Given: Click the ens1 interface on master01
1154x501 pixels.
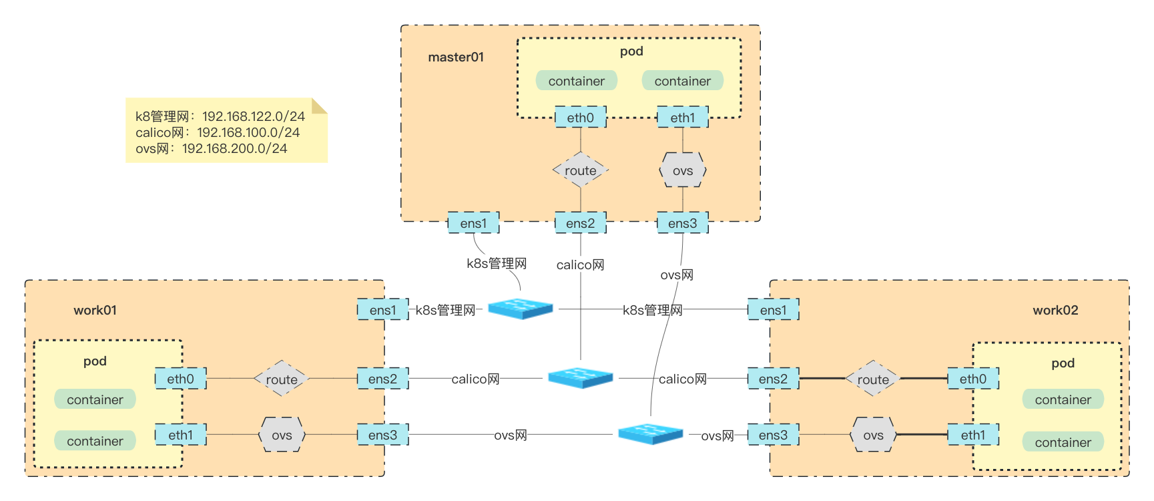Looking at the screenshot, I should pyautogui.click(x=473, y=223).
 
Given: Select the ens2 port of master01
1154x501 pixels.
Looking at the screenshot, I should pyautogui.click(x=580, y=223).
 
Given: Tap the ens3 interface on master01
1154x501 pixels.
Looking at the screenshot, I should pyautogui.click(x=682, y=223).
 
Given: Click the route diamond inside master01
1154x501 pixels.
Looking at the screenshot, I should pyautogui.click(x=580, y=170).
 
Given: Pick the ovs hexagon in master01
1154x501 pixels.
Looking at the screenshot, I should pyautogui.click(x=682, y=170).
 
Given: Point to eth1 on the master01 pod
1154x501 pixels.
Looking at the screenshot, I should pyautogui.click(x=682, y=118).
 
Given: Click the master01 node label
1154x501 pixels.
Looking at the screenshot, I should pyautogui.click(x=456, y=57).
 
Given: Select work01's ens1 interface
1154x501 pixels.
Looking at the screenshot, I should pyautogui.click(x=382, y=310).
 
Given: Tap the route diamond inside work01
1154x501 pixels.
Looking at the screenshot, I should pyautogui.click(x=281, y=379).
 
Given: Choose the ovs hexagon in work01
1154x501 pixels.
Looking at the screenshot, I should pyautogui.click(x=282, y=435).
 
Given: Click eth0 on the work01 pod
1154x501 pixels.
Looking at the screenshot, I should pyautogui.click(x=180, y=379).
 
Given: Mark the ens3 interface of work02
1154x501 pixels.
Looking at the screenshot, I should pyautogui.click(x=773, y=435).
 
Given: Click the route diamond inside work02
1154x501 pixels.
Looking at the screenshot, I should pyautogui.click(x=872, y=379).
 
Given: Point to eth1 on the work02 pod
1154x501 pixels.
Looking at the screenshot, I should pyautogui.click(x=972, y=435).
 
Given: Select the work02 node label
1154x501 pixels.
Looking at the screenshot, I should pyautogui.click(x=1055, y=310).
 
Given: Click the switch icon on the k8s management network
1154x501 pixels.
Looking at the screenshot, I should pyautogui.click(x=521, y=309).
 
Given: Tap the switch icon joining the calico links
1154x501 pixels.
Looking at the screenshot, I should pyautogui.click(x=580, y=377).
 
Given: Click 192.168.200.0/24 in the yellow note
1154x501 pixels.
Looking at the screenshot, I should pyautogui.click(x=234, y=148).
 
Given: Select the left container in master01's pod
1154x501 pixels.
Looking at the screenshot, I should pyautogui.click(x=576, y=81).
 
